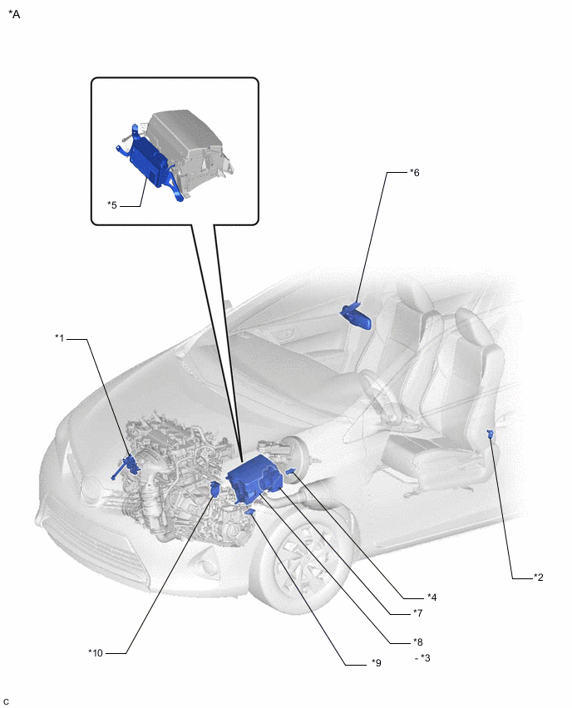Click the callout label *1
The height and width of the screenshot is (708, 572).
point(60,337)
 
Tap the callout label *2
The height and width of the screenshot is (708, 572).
point(538,577)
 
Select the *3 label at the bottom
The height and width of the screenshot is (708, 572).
point(425,658)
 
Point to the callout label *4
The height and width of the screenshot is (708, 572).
point(432,597)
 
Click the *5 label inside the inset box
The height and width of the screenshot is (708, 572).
point(112,205)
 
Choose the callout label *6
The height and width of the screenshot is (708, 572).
point(414,173)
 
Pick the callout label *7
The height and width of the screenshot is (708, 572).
point(417,613)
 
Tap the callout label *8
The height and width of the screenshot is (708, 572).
point(417,642)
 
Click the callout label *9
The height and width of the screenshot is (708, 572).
point(377,663)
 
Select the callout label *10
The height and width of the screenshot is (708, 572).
point(96,653)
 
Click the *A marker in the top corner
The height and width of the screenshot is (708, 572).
point(14,14)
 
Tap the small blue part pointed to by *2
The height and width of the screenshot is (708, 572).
point(490,435)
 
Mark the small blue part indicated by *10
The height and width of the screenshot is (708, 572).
point(215,489)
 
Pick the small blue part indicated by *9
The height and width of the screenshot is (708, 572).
point(249,512)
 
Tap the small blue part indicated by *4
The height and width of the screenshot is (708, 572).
point(290,472)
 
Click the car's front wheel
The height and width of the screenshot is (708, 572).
point(302,563)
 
